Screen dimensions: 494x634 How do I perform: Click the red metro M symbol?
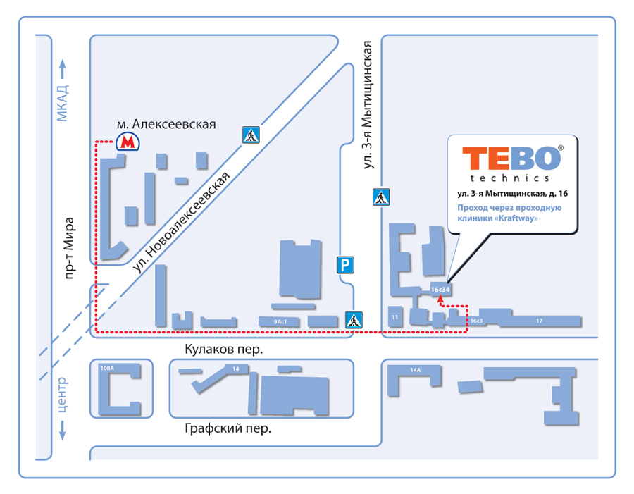point(128,143)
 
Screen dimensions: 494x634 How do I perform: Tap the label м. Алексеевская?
point(166,124)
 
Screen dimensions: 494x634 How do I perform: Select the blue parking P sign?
point(345,265)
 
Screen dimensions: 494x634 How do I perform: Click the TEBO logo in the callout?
point(511,158)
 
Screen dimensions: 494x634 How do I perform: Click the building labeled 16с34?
point(440,288)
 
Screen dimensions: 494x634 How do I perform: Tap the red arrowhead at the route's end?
point(440,297)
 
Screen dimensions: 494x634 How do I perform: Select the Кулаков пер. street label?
point(223,349)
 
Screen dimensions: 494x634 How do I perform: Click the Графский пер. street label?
point(228,428)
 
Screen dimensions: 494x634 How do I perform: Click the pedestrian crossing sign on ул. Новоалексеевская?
point(251,135)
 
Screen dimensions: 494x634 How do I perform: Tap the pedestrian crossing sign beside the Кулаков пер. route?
point(354,320)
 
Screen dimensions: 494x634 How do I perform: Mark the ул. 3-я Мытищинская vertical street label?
point(368,104)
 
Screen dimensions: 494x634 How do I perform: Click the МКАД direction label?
point(63,103)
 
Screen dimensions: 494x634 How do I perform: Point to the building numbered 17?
point(539,321)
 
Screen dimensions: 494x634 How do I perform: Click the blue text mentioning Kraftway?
point(508,214)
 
